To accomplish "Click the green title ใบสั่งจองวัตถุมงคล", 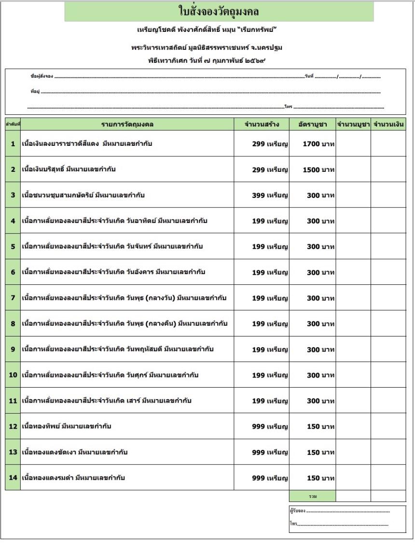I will (219, 11).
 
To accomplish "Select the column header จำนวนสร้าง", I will (262, 125).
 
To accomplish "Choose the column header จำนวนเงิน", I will (388, 125).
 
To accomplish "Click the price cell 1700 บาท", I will (318, 144).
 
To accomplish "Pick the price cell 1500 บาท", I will (318, 170).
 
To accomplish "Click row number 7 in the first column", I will (13, 298).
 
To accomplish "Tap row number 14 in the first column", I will (13, 478).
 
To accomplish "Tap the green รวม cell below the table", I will (312, 496).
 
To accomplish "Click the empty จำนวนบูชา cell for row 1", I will (353, 144).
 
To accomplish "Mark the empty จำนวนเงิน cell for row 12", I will (388, 427).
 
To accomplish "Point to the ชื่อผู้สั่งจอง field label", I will (41, 76).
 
